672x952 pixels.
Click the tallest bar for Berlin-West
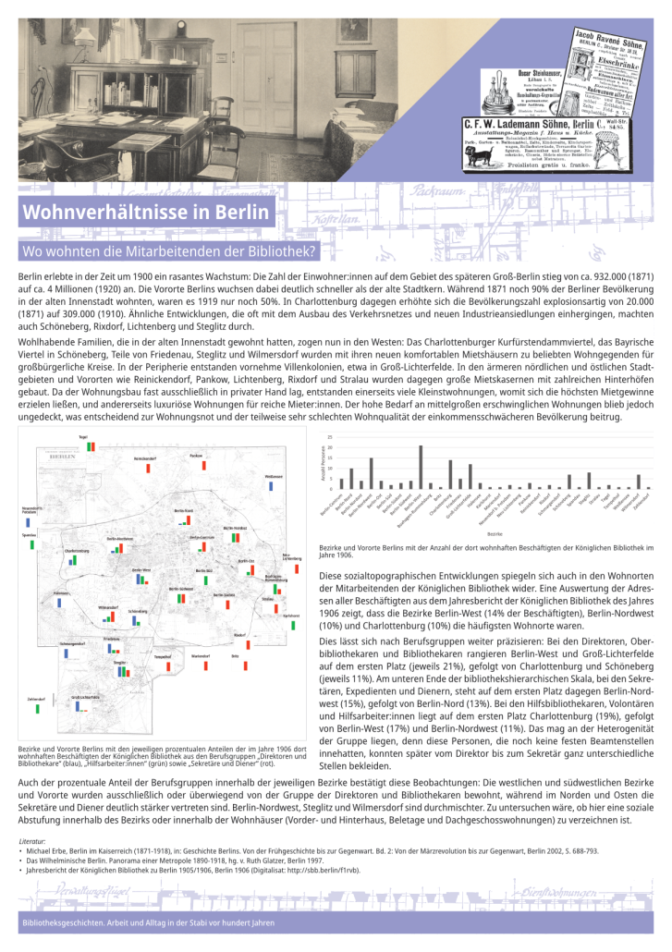click(x=421, y=468)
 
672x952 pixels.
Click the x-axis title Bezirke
click(x=494, y=533)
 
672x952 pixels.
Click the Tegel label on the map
click(x=82, y=436)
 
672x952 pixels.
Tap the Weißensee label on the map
click(x=273, y=476)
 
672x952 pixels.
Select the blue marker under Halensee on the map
click(x=58, y=603)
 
